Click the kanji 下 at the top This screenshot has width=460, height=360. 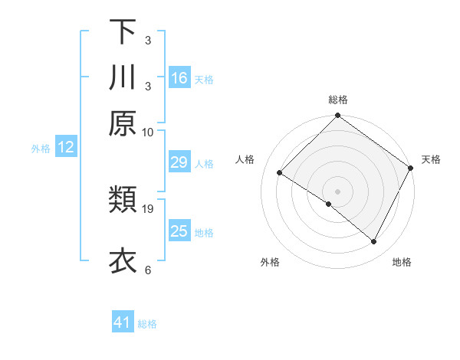click(x=123, y=32)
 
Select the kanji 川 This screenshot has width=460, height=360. click(x=123, y=77)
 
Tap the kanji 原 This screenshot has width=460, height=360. click(x=123, y=123)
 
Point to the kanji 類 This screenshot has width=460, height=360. click(x=123, y=201)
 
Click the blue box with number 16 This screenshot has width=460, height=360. click(x=179, y=77)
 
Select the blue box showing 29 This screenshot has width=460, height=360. click(x=179, y=162)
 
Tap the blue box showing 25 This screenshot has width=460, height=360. click(x=179, y=231)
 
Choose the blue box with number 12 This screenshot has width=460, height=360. click(x=66, y=148)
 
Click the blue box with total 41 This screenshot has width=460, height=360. click(x=123, y=322)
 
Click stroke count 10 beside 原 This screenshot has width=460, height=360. click(x=148, y=132)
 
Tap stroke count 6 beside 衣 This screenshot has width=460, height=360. click(x=148, y=270)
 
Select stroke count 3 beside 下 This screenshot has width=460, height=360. click(x=148, y=40)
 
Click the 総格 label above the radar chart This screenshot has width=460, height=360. click(x=338, y=100)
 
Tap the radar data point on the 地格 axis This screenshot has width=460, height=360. click(x=374, y=242)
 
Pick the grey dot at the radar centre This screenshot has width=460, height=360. click(x=338, y=191)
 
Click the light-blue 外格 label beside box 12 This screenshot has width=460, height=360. click(x=41, y=149)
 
